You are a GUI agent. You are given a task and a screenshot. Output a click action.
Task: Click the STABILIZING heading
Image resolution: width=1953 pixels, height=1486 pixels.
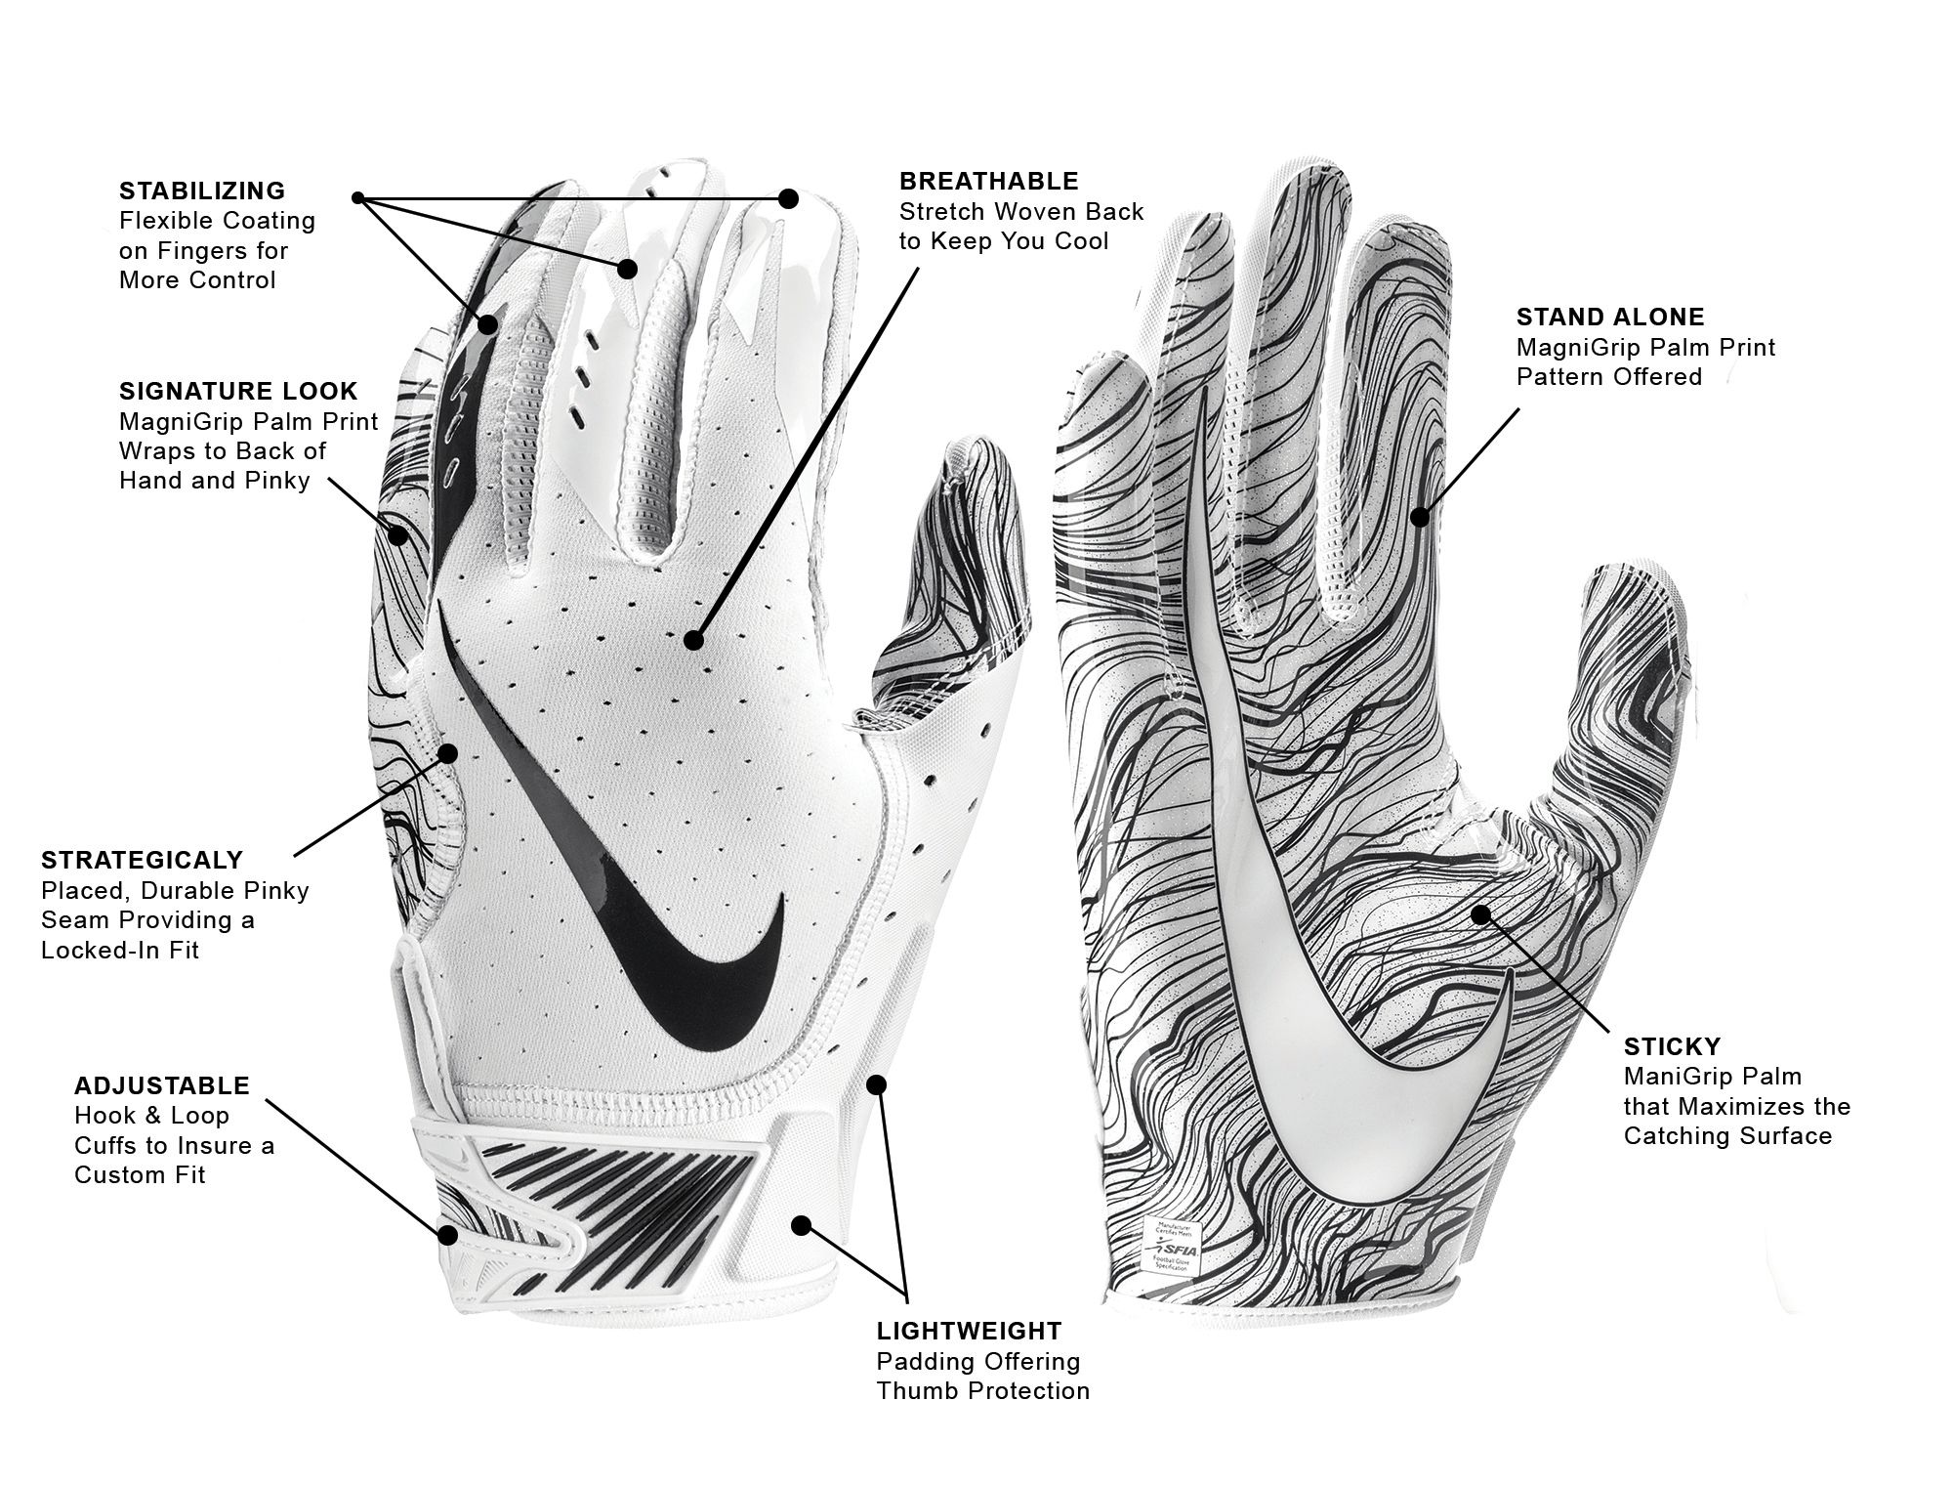pos(202,191)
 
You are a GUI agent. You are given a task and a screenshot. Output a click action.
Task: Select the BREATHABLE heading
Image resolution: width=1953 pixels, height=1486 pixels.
pos(989,181)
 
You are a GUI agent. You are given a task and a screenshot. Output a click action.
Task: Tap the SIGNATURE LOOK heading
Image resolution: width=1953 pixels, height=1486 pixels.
pos(238,391)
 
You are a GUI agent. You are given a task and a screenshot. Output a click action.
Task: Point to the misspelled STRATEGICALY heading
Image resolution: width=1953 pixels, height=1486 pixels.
pos(142,860)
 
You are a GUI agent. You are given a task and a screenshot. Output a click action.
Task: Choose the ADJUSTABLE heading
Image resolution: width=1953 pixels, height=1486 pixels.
pos(162,1085)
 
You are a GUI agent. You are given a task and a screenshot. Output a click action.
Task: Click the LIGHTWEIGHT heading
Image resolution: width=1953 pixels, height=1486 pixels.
pos(969,1331)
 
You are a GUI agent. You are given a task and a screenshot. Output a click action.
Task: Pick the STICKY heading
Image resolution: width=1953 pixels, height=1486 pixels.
pos(1672,1046)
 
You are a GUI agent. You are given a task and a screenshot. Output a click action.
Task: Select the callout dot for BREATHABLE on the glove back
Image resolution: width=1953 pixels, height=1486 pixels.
pos(693,640)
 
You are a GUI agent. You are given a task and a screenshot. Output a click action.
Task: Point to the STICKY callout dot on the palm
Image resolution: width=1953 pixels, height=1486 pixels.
pos(1480,914)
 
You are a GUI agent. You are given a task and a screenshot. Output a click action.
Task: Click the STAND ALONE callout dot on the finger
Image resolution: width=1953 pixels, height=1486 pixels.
pos(1420,515)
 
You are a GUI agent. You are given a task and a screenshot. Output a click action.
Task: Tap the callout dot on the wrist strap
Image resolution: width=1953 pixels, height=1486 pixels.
pos(447,1235)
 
